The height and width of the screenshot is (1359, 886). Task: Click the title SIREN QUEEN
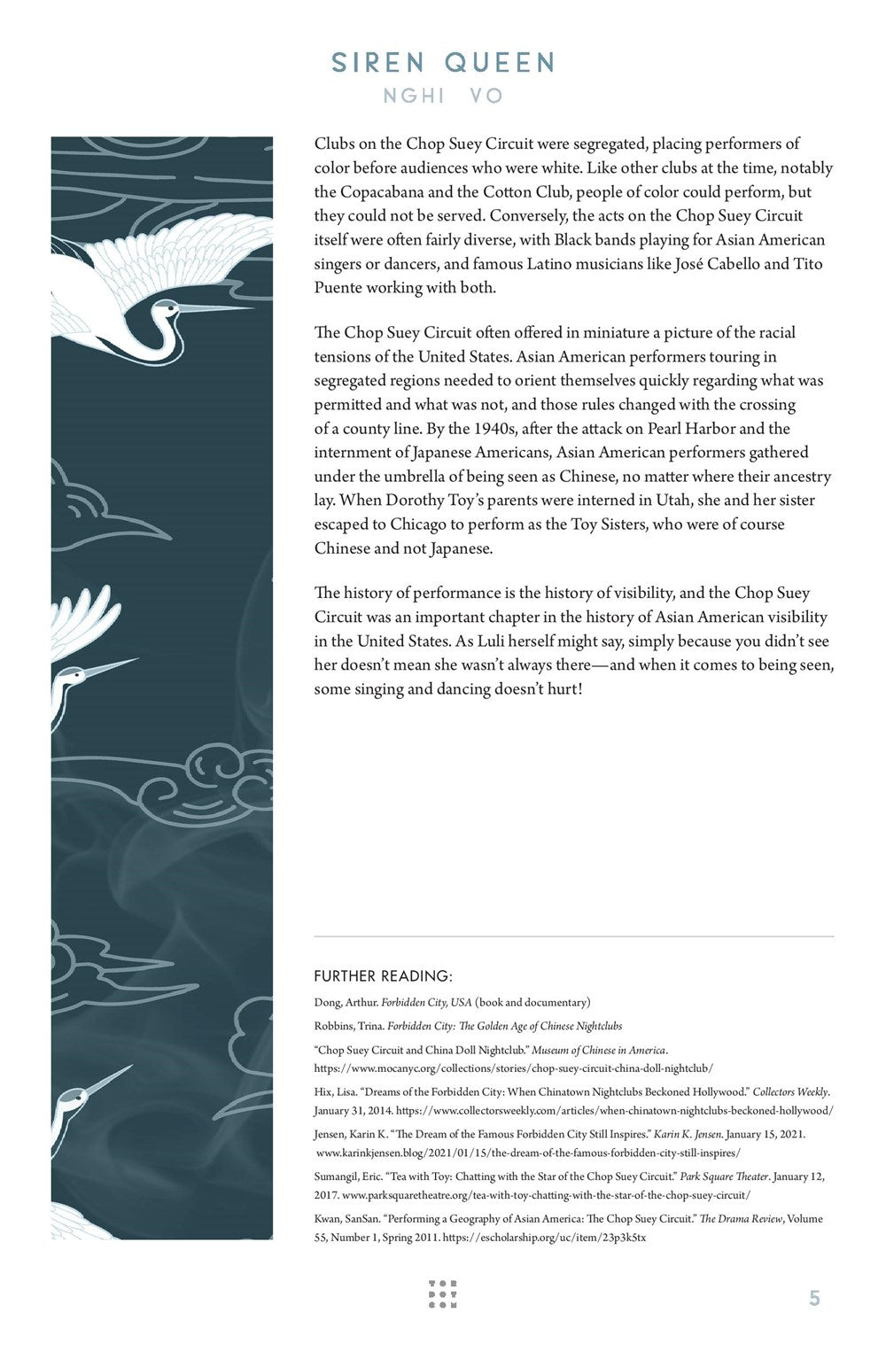442,63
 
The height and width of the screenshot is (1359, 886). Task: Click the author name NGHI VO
443,96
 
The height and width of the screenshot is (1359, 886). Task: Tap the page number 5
814,1298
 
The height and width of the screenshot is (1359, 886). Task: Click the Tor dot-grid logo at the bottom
442,1294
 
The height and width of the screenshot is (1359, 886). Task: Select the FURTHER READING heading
383,976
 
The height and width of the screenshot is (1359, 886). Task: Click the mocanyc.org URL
513,1068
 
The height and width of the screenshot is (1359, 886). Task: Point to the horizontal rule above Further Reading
573,936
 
